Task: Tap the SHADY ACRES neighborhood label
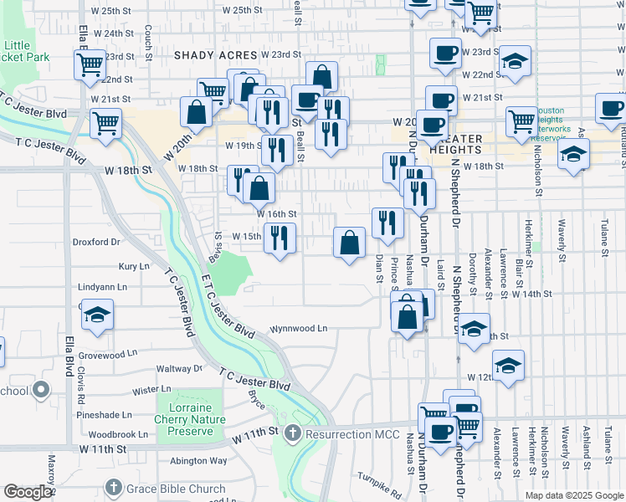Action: click(213, 54)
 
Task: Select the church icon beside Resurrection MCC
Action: click(292, 433)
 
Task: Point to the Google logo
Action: click(28, 492)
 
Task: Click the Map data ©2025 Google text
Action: click(573, 495)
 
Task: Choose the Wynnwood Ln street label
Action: click(298, 329)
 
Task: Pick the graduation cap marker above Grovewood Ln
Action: click(97, 315)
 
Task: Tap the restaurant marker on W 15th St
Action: click(280, 238)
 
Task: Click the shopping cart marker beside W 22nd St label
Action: click(90, 64)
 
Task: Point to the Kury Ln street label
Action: click(133, 266)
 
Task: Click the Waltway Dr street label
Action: click(180, 368)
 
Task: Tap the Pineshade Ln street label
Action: click(103, 414)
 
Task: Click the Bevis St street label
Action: click(219, 246)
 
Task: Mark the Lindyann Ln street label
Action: click(102, 286)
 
